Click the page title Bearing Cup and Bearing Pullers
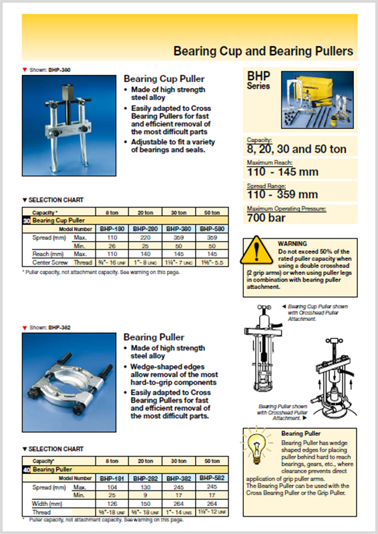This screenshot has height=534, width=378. (263, 51)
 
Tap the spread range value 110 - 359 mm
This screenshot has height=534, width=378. (282, 194)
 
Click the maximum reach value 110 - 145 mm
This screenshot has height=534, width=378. (282, 172)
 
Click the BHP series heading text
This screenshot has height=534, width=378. (259, 81)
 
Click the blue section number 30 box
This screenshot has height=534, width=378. (26, 220)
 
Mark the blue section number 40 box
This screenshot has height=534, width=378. (26, 471)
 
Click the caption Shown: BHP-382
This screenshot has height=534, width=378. (49, 328)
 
